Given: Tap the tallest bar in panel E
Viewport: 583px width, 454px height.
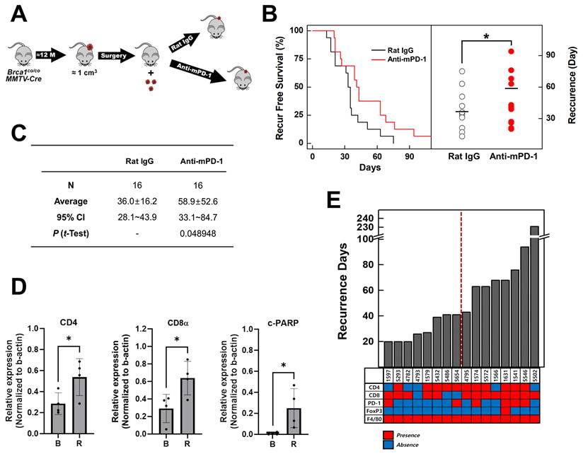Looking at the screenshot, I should [x=534, y=293].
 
